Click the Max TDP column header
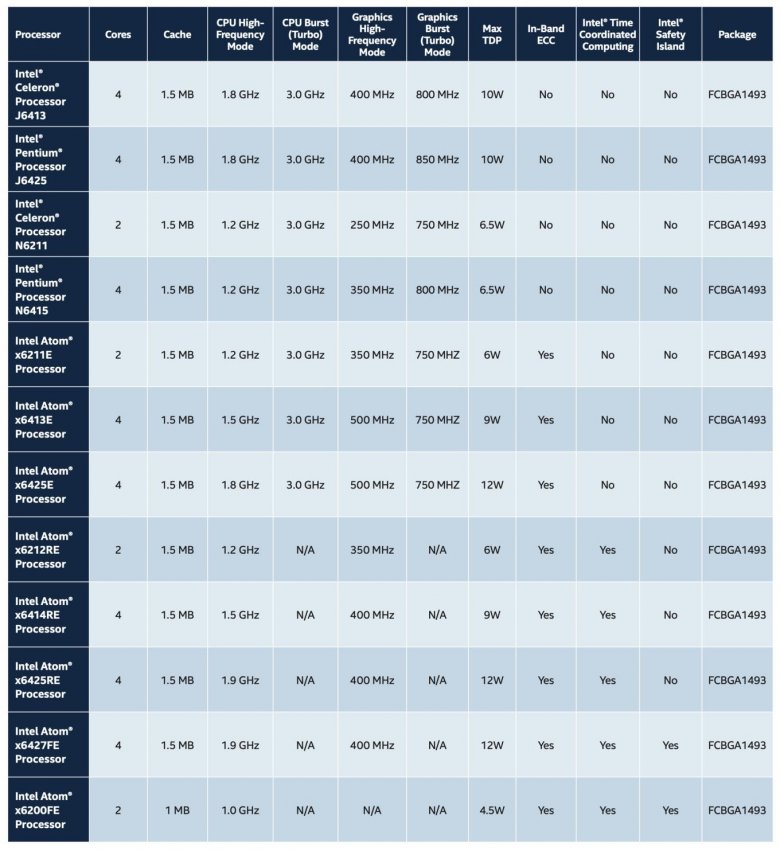pyautogui.click(x=492, y=34)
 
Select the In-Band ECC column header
pyautogui.click(x=545, y=34)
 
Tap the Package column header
pyautogui.click(x=737, y=34)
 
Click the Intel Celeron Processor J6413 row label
pyautogui.click(x=44, y=94)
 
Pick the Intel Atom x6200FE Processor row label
pyautogui.click(x=44, y=810)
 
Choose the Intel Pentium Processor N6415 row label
pyautogui.click(x=44, y=289)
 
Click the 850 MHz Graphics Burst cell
pyautogui.click(x=437, y=160)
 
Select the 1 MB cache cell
pyautogui.click(x=176, y=810)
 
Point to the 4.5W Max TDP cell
pyautogui.click(x=492, y=810)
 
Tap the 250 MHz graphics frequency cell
pyautogui.click(x=371, y=225)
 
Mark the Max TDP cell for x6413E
pyautogui.click(x=492, y=420)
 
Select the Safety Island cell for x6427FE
pyautogui.click(x=670, y=745)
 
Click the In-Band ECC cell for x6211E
pyautogui.click(x=545, y=355)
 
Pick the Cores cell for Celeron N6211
pyautogui.click(x=118, y=225)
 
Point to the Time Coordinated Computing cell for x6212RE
pyautogui.click(x=607, y=550)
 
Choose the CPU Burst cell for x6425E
pyautogui.click(x=305, y=485)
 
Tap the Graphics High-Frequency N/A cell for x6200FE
pyautogui.click(x=371, y=810)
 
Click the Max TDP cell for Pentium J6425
pyautogui.click(x=492, y=160)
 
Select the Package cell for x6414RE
pyautogui.click(x=737, y=615)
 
